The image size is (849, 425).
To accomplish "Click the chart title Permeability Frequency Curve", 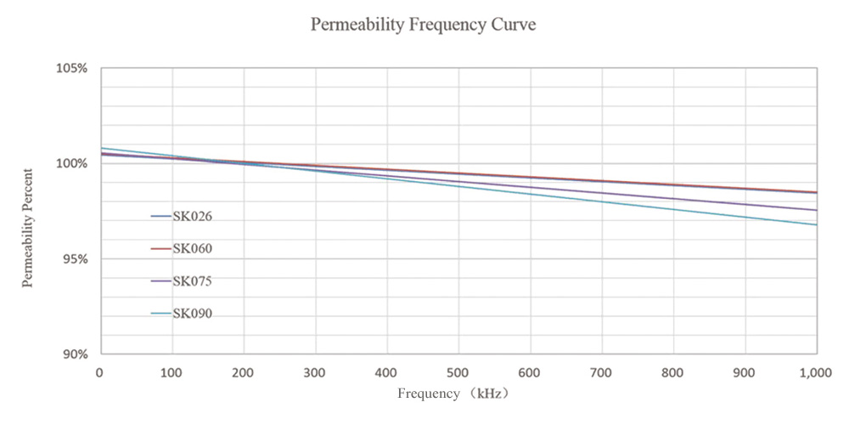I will (x=423, y=25).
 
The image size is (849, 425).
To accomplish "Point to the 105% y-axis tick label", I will (x=72, y=68).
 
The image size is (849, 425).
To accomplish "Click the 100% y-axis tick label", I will (x=72, y=163).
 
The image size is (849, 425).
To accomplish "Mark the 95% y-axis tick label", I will (x=75, y=258).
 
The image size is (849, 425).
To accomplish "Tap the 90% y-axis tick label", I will (x=75, y=354).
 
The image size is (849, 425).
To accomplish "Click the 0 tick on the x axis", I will (x=100, y=372).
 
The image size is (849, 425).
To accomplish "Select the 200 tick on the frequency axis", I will (x=244, y=372).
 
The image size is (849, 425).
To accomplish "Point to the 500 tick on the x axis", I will (x=458, y=372).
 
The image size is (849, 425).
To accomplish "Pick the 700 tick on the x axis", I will (x=602, y=372).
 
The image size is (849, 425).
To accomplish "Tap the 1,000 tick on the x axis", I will (x=815, y=372).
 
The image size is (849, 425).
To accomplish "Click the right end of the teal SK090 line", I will (x=816, y=224).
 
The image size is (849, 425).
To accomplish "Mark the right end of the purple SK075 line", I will (x=816, y=210).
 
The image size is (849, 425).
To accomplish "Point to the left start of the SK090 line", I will (x=102, y=148).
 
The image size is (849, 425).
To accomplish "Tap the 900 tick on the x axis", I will (x=745, y=372).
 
